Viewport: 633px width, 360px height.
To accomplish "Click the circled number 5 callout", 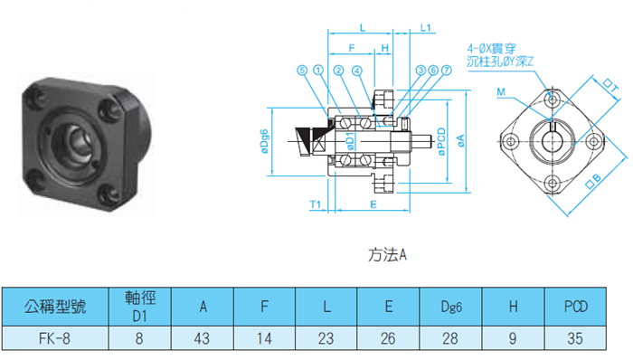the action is (302, 71).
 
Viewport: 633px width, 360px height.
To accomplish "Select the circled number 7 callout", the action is (446, 71).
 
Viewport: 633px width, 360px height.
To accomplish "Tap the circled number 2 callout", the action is (338, 71).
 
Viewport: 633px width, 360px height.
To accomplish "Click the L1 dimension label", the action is (426, 28).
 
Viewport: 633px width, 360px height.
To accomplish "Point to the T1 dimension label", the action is (316, 204).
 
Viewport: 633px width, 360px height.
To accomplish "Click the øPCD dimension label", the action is (441, 141).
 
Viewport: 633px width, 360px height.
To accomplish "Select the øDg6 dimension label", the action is (264, 141).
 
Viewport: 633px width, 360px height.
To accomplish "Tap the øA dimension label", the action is (460, 140).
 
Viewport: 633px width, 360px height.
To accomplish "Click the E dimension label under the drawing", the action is (373, 204).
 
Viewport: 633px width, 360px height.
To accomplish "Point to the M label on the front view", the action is (501, 92).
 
